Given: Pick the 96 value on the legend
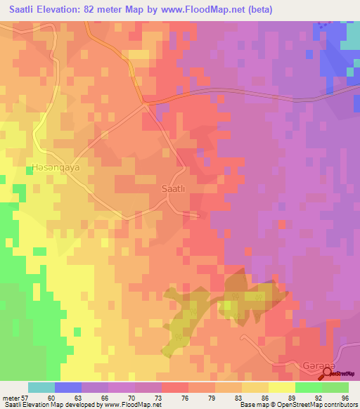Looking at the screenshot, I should pos(345,397).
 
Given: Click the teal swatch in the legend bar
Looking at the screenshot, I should pos(41,387).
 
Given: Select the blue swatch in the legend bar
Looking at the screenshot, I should pos(68,387).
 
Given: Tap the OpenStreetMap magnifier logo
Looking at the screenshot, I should pos(326,372).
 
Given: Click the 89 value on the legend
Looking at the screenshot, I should pos(292,397).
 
